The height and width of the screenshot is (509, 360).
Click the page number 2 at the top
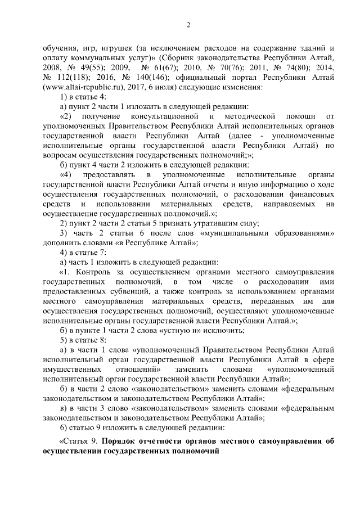coord(188,25)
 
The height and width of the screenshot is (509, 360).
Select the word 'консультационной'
coord(160,116)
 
